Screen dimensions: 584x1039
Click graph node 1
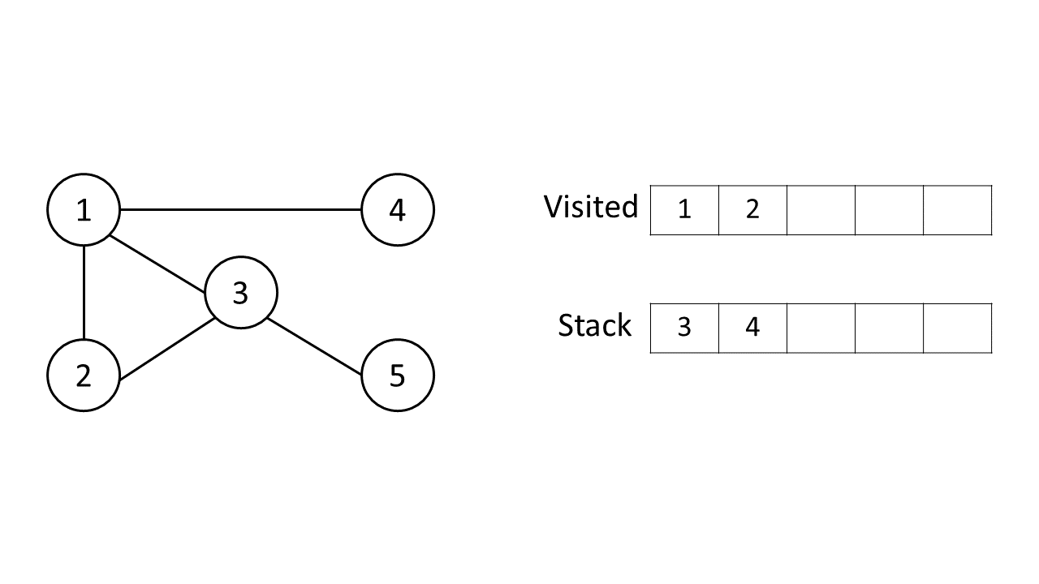[84, 210]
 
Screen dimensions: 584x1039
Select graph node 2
[84, 376]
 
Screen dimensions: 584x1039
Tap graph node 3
[240, 293]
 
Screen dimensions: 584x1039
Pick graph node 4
[397, 210]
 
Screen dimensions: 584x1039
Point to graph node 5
[397, 376]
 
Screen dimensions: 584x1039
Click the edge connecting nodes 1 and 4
[240, 210]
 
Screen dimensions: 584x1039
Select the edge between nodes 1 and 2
[84, 292]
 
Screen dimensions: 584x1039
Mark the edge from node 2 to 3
[166, 349]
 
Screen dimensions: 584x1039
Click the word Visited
[590, 207]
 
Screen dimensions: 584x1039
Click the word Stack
[594, 325]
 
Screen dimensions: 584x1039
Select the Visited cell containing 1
[684, 210]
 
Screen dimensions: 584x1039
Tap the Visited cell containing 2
[752, 210]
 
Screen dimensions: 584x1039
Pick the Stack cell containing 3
[684, 328]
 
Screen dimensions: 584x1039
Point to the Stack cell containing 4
[752, 328]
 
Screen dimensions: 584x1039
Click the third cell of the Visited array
[821, 210]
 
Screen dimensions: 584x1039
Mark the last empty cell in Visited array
[958, 210]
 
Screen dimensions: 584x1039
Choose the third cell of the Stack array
[821, 328]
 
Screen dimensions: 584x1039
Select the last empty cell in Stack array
[958, 328]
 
